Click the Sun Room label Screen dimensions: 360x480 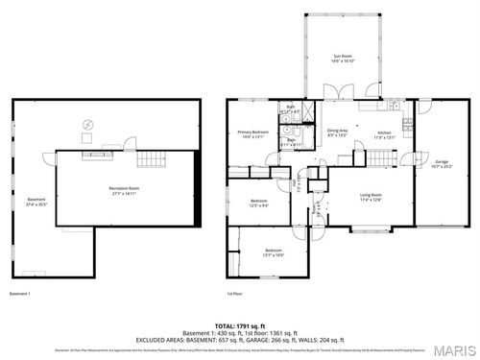(x=344, y=59)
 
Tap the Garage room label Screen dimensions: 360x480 (x=442, y=163)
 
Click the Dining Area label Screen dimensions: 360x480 (x=337, y=132)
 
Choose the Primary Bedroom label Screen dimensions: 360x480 (x=252, y=133)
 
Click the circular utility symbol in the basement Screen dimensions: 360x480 (x=88, y=124)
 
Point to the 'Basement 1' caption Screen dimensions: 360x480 (x=20, y=293)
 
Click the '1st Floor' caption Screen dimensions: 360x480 (x=236, y=293)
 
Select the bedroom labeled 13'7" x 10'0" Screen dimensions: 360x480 (x=275, y=252)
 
